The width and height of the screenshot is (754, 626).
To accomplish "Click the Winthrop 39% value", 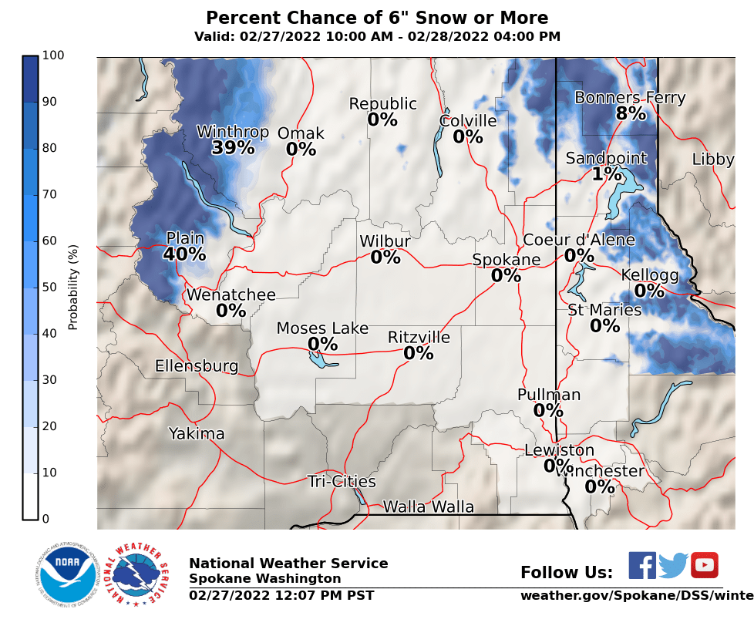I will point(233,148).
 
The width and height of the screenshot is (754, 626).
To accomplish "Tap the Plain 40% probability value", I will point(184,254).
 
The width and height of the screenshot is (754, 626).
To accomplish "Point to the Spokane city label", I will point(507,260).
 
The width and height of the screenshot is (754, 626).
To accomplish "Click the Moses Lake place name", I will point(322,329).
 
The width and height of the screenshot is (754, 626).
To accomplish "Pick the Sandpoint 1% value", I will point(607,174).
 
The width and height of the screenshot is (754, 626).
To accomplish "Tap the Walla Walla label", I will point(429,507).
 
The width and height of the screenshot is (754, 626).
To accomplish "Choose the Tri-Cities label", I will point(342,482).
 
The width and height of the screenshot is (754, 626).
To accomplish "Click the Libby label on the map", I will point(713,160).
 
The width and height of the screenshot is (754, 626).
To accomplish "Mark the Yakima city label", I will point(197,434).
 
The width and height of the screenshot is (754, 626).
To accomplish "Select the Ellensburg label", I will point(197,365).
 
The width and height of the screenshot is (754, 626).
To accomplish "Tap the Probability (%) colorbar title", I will point(73,287).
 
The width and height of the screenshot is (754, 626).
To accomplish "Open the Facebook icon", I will point(642,565).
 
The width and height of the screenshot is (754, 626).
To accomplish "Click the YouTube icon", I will point(704,565).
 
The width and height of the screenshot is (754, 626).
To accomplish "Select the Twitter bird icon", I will point(673,566).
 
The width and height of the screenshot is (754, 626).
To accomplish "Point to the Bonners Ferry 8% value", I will point(631,114).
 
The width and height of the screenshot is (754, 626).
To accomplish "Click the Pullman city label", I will point(549,395).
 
